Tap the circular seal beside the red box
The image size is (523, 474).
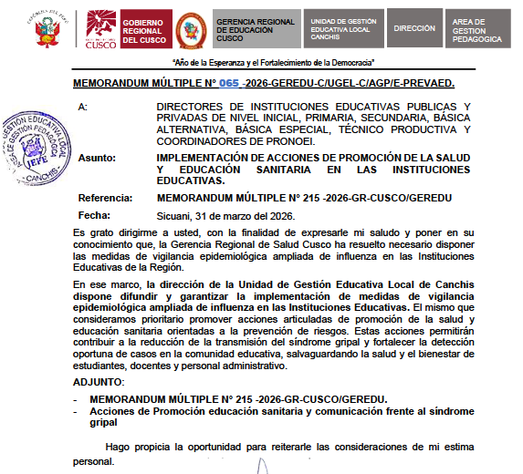pyautogui.click(x=191, y=29)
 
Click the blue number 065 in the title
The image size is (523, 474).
pyautogui.click(x=228, y=84)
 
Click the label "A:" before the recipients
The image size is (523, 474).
pyautogui.click(x=83, y=108)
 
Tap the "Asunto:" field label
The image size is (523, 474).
pyautogui.click(x=97, y=158)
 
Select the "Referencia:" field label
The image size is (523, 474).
pyautogui.click(x=106, y=198)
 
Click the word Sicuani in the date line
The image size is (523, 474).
pyautogui.click(x=176, y=216)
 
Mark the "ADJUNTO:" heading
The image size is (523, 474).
pyautogui.click(x=98, y=380)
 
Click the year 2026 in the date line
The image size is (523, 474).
pyautogui.click(x=288, y=216)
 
